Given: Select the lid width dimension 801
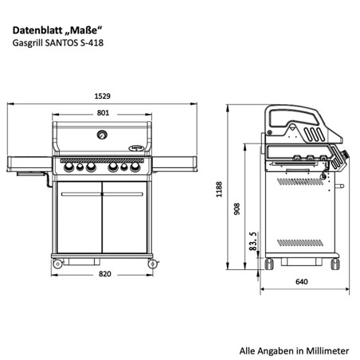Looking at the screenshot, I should pos(102,113).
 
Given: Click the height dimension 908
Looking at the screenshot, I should pos(237,209).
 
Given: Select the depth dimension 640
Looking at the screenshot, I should pos(301,280).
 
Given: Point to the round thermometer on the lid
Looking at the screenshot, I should pos(102,134).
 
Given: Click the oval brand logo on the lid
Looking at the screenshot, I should pos(136,146).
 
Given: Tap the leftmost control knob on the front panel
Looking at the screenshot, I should pos(68,168).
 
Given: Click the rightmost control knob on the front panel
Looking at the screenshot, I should pos(135,168).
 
